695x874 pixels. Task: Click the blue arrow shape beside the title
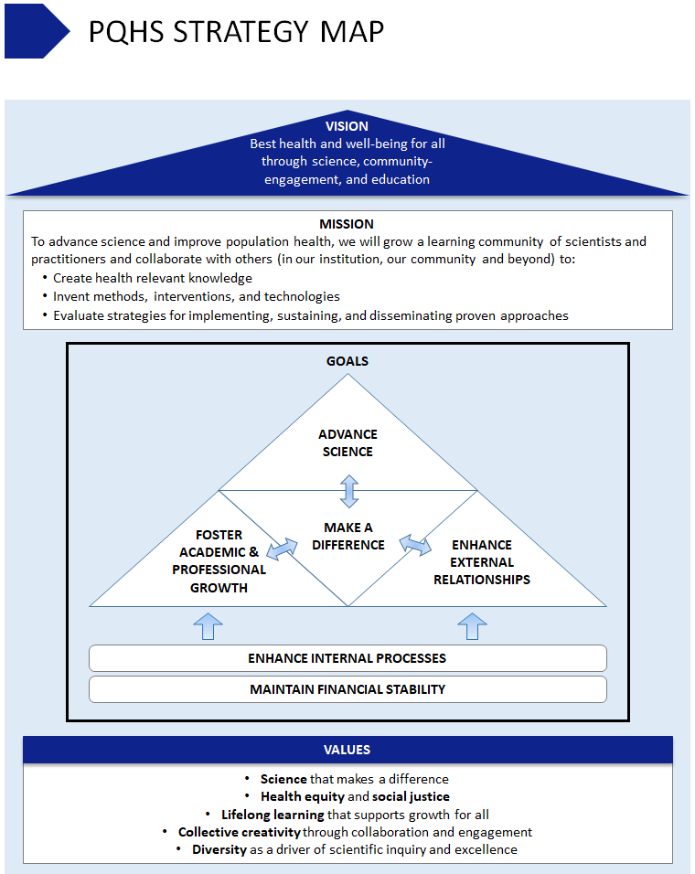click(x=35, y=31)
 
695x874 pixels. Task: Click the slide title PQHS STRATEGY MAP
click(x=236, y=31)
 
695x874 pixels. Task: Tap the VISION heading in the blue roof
click(x=347, y=126)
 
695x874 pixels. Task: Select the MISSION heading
click(x=347, y=224)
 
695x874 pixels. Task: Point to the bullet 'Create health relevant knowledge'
click(x=153, y=278)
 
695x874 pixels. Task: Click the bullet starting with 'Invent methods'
click(x=196, y=296)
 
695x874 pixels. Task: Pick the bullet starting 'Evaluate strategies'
click(x=310, y=315)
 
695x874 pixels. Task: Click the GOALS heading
click(x=347, y=361)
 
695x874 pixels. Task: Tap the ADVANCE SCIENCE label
click(x=347, y=442)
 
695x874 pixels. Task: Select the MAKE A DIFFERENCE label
click(x=348, y=536)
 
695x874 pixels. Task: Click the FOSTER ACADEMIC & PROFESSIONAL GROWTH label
click(x=219, y=560)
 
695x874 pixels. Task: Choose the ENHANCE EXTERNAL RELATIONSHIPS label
click(x=482, y=562)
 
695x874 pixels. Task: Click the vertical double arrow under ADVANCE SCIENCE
click(x=348, y=491)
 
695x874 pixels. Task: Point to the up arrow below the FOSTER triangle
click(x=208, y=626)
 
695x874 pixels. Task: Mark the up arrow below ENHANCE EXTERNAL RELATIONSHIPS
click(x=472, y=626)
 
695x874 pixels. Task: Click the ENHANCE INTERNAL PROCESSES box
click(x=347, y=658)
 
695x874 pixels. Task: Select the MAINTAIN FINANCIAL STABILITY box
click(x=347, y=689)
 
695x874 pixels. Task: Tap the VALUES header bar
click(x=347, y=750)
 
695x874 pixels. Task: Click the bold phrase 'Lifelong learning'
click(x=273, y=815)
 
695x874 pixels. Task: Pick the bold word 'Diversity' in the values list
click(x=219, y=849)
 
